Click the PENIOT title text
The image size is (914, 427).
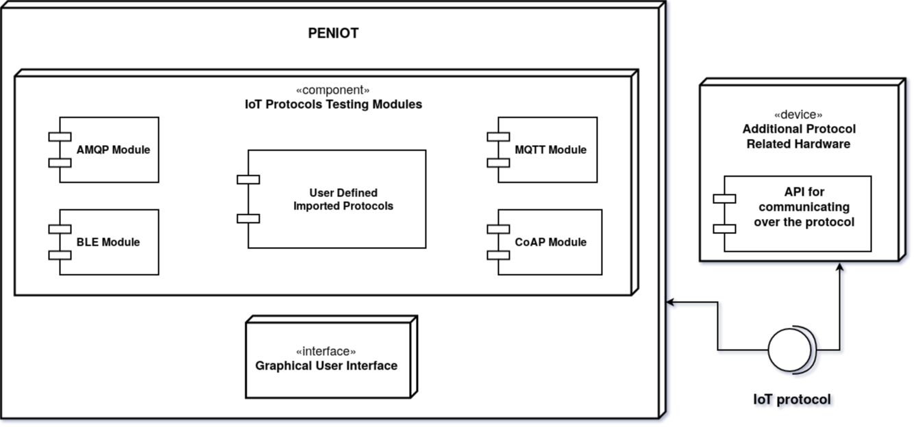[x=333, y=33]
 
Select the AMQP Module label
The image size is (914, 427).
[x=113, y=150]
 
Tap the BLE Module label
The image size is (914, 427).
[x=108, y=242]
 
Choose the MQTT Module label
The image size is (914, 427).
[x=550, y=150]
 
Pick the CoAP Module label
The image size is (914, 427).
[x=550, y=242]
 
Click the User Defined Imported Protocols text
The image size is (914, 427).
[x=343, y=199]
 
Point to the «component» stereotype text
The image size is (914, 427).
[x=332, y=90]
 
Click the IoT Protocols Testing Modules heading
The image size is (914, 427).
[x=334, y=104]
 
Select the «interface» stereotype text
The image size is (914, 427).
[x=325, y=351]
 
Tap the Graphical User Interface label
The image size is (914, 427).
[x=326, y=365]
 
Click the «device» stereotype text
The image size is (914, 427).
[x=798, y=114]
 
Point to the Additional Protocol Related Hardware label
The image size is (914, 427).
[x=798, y=136]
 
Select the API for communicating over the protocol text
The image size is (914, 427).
[x=804, y=207]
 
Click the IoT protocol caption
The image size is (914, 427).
[x=792, y=400]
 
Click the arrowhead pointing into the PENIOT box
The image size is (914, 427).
[x=670, y=302]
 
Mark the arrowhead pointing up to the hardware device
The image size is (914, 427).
[x=839, y=267]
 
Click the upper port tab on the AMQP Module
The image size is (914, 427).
[x=60, y=136]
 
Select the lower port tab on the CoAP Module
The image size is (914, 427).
[x=498, y=255]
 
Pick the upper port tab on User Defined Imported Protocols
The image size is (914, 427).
[x=248, y=179]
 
